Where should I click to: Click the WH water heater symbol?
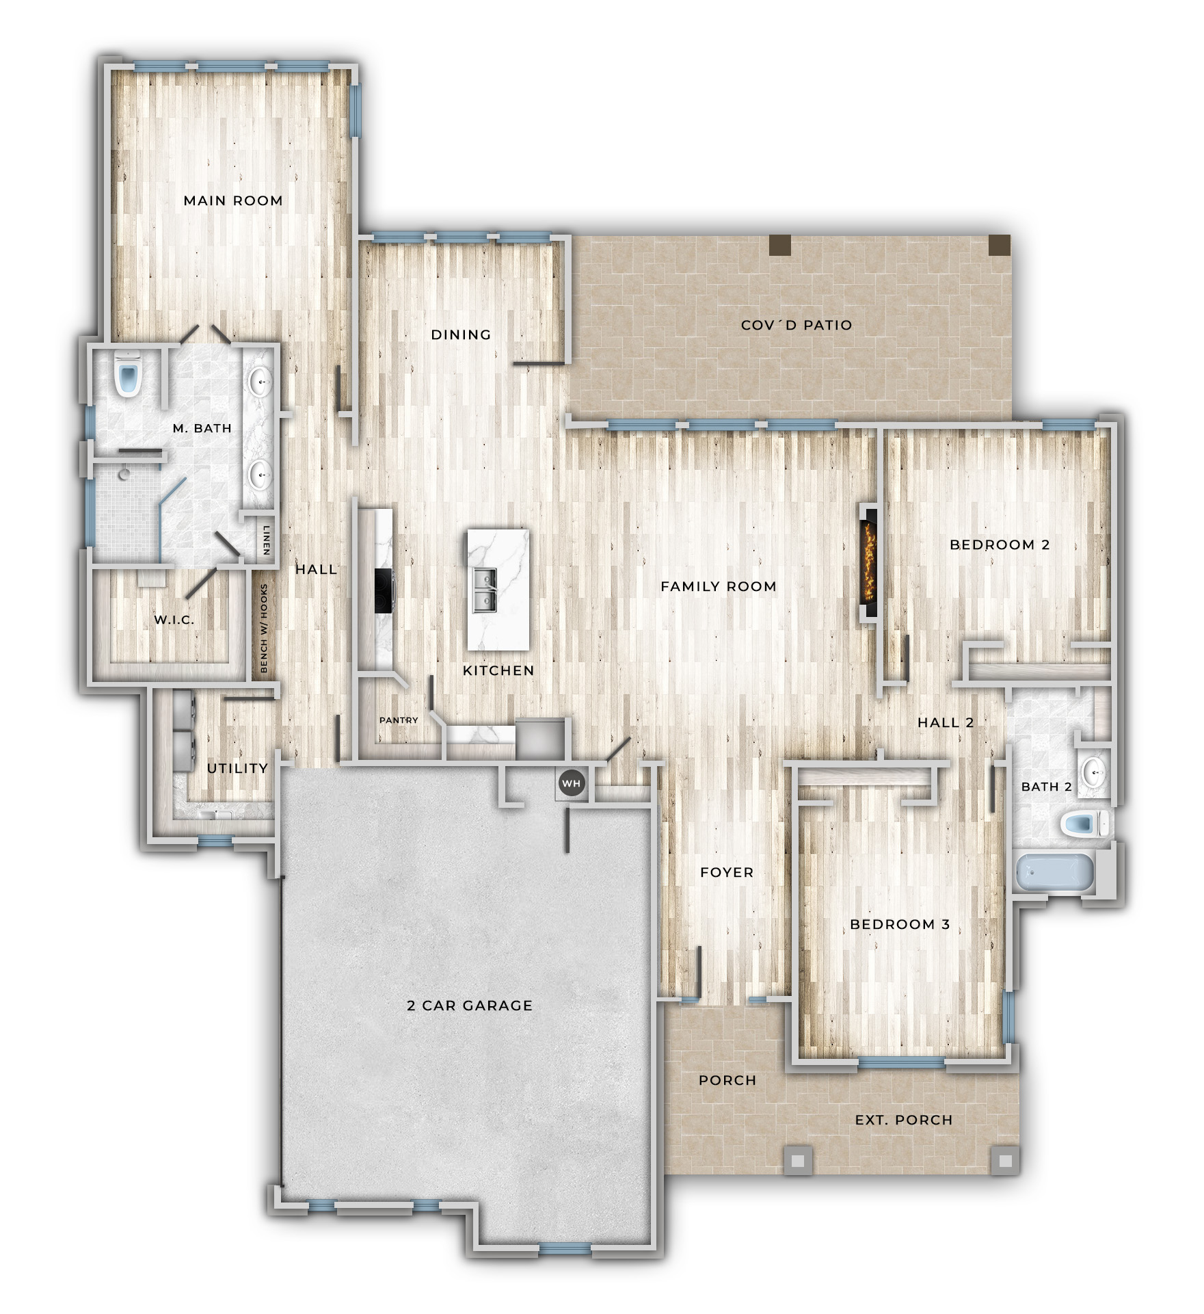coord(572,784)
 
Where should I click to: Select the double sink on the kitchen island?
coord(485,591)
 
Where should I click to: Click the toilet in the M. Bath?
coord(128,375)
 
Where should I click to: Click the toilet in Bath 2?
coord(1086,824)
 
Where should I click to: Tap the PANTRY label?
coord(399,720)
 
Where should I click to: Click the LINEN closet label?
coord(267,540)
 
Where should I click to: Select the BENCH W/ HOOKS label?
coord(265,628)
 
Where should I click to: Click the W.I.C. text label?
coord(174,620)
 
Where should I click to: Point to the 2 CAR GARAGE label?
coord(470,1006)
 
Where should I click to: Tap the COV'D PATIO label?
coord(797,325)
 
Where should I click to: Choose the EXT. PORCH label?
coord(904,1120)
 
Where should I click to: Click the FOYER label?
coord(727,872)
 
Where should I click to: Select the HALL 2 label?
coord(946,722)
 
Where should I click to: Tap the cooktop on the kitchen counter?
coord(383,590)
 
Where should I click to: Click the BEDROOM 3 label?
coord(900,924)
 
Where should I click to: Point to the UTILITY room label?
coord(237,768)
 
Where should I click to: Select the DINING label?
coord(461,334)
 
